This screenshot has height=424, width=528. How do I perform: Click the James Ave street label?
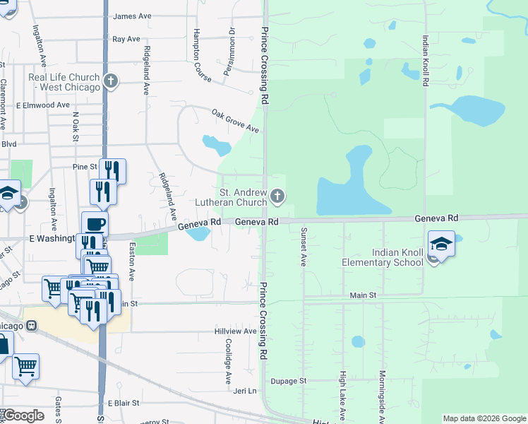coord(133,16)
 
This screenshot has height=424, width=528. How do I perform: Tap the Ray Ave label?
coord(126,40)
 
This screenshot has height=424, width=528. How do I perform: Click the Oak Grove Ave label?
coord(236,120)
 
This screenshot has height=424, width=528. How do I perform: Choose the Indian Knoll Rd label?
coord(426,61)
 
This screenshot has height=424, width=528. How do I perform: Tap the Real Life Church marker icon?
coord(110,81)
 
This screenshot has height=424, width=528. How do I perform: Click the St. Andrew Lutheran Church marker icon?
coord(277,196)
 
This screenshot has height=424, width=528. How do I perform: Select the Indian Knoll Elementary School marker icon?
coord(441,244)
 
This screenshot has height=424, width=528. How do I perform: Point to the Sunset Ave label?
coord(304,246)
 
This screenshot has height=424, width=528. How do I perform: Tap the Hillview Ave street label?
coord(236,331)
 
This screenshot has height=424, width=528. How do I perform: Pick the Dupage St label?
coord(292,380)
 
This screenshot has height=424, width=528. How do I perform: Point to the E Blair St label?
coord(124,403)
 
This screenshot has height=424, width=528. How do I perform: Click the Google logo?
coord(23,416)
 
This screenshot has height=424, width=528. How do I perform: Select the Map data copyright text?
coord(484,418)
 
